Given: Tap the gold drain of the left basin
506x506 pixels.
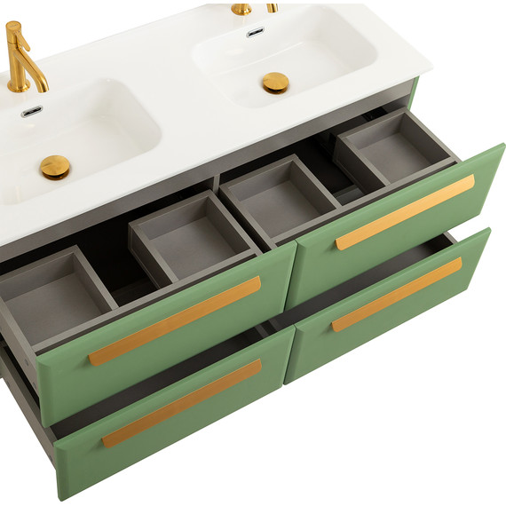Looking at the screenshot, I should [55, 166].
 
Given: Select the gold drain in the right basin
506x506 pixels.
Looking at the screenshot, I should [275, 83].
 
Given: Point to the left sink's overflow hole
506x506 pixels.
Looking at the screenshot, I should [31, 112].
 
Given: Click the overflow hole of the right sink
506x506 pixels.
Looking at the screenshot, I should [256, 32].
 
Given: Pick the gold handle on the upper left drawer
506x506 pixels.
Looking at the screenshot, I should [175, 320].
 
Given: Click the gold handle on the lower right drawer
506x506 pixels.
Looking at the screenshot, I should [397, 294].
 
